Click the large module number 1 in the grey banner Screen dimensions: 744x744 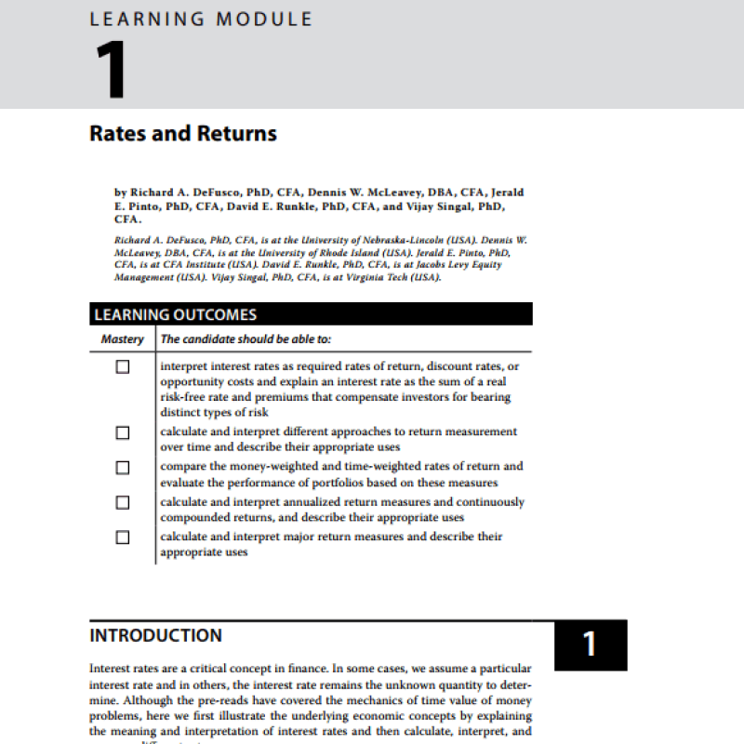[x=110, y=73]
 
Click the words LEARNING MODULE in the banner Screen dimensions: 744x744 [x=201, y=19]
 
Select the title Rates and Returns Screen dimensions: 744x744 [x=183, y=133]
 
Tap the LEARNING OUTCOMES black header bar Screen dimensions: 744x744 [x=311, y=314]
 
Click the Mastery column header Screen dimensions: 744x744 [x=122, y=339]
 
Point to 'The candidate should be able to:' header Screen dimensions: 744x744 [x=246, y=339]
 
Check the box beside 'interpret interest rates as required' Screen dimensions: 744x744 [x=122, y=366]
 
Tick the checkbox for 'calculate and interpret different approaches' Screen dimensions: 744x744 [x=122, y=432]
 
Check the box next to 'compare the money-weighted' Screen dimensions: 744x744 [x=122, y=467]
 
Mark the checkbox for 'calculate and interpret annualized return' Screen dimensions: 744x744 [x=122, y=502]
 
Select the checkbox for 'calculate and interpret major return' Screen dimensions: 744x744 [x=122, y=537]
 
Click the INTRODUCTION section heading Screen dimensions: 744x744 [x=155, y=636]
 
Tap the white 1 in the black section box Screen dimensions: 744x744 [x=590, y=644]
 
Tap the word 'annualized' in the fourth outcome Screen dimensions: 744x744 [x=298, y=502]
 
